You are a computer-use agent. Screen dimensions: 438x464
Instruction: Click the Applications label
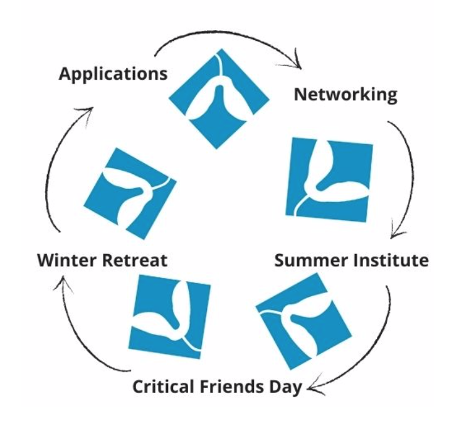[113, 74]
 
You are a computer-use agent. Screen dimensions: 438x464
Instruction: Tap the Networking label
[345, 95]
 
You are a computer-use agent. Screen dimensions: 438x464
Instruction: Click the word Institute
[391, 260]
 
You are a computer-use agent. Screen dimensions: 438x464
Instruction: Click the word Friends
[233, 385]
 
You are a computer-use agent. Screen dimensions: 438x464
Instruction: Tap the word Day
[285, 387]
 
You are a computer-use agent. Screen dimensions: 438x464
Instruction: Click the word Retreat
[136, 259]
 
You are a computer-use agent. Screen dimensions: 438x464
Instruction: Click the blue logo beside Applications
[219, 99]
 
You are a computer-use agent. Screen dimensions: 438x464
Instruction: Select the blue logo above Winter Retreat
[130, 193]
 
